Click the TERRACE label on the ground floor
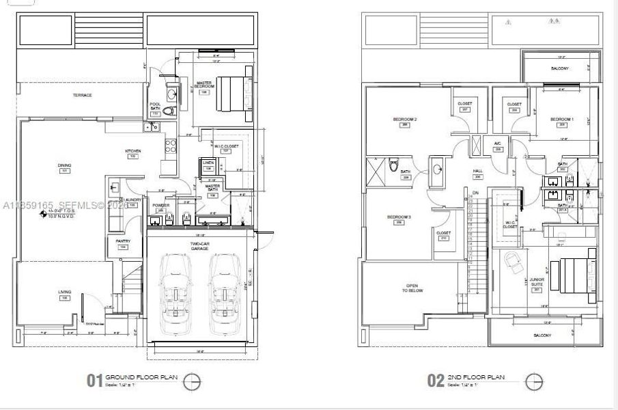82,95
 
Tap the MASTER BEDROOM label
203,84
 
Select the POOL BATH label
155,107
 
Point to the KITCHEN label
132,151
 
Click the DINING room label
64,165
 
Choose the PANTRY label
123,241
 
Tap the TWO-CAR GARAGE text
199,246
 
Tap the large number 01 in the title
94,381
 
